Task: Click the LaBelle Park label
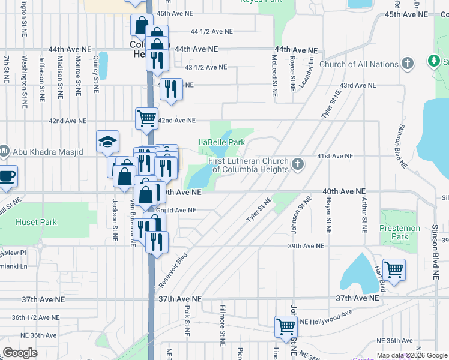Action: click(222, 143)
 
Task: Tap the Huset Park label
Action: click(37, 223)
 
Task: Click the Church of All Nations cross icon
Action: click(408, 63)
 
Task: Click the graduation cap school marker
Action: click(107, 142)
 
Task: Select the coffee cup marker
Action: click(7, 176)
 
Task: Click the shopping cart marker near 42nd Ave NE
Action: click(146, 118)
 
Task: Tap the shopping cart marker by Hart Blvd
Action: click(394, 269)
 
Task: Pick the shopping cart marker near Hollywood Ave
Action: click(286, 326)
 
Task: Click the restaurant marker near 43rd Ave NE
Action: click(171, 89)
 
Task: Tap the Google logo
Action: click(20, 353)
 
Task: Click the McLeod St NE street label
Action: click(274, 76)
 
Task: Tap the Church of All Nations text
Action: click(358, 64)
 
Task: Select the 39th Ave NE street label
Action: click(306, 246)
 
